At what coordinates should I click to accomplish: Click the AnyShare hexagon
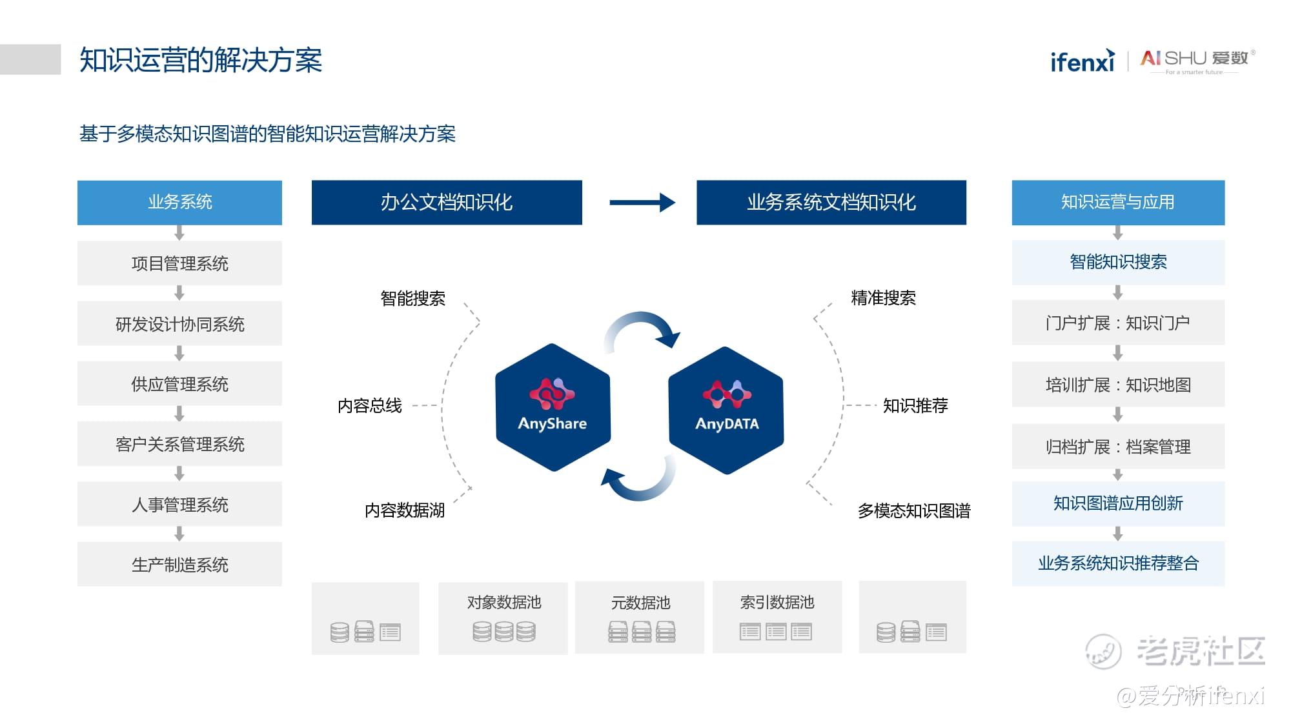pos(553,407)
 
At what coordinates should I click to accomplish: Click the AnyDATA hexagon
pos(726,410)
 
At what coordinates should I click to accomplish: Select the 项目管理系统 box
pos(179,263)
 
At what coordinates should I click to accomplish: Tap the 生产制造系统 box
pos(179,565)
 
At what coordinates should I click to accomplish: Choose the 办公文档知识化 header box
pos(447,203)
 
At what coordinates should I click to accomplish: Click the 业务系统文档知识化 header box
pos(831,203)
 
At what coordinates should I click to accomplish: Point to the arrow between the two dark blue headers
pos(642,203)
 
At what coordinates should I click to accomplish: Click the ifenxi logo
pos(1083,61)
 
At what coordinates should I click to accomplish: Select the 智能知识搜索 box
pos(1118,262)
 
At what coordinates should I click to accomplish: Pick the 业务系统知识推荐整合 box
pos(1118,563)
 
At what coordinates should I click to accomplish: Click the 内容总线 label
pos(370,406)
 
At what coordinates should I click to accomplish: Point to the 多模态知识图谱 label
pos(914,511)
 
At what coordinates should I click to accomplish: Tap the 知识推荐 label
pos(915,406)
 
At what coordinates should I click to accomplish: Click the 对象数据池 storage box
pos(503,618)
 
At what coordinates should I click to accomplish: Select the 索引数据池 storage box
pos(777,618)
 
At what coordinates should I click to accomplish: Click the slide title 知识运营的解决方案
pos(201,61)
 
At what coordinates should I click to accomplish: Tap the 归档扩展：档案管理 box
pos(1118,447)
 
